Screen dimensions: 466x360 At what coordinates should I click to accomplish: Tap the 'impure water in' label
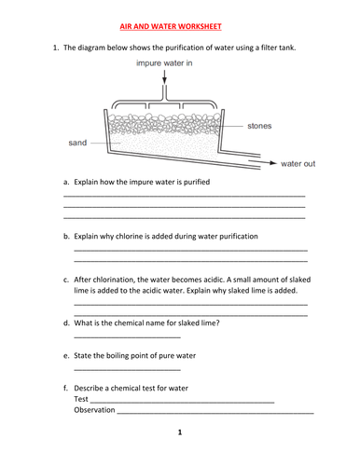(x=164, y=63)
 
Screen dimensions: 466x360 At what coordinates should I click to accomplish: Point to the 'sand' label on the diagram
(x=77, y=144)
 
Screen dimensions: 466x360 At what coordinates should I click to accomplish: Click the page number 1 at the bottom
(x=179, y=432)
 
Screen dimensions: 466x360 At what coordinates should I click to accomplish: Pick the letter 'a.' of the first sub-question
(x=66, y=182)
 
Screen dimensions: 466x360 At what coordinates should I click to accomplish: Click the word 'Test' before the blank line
(x=81, y=399)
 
